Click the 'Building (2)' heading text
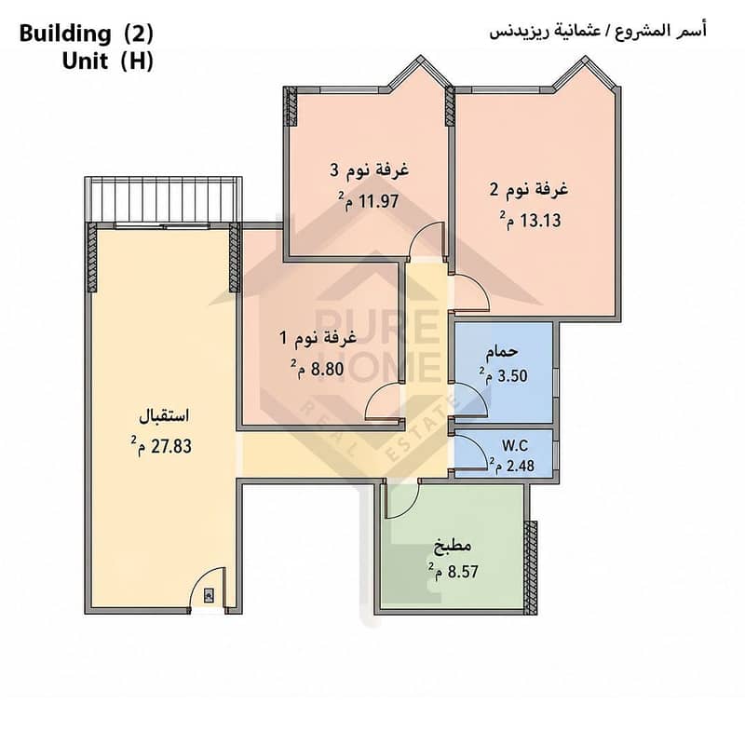(x=87, y=34)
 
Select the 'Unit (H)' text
(x=108, y=61)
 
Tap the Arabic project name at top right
(x=598, y=32)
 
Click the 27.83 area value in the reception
(x=171, y=447)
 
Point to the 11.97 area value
(x=378, y=201)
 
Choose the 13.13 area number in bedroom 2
(x=540, y=221)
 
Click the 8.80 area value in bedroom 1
(x=327, y=369)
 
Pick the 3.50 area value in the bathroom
(x=512, y=376)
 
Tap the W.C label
(x=515, y=446)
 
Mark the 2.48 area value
(x=521, y=466)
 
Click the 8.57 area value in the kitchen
(x=463, y=571)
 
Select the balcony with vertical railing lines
(x=163, y=199)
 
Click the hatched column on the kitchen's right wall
(x=530, y=567)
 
